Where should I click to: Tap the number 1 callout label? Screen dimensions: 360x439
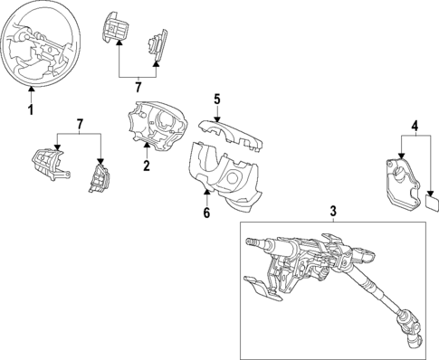[29, 111]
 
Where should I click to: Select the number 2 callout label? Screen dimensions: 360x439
[145, 166]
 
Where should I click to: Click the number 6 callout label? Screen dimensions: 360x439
[206, 213]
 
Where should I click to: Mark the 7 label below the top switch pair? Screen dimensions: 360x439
[138, 87]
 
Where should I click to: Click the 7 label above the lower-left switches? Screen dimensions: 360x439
[80, 122]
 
